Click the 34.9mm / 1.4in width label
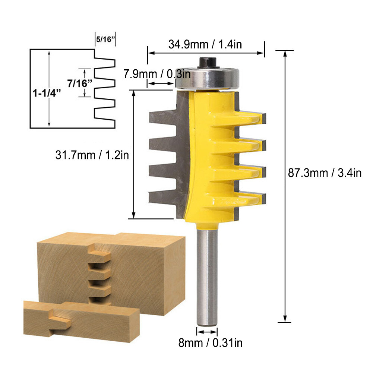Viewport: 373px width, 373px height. click(x=205, y=44)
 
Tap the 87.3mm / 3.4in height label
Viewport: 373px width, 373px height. click(x=325, y=173)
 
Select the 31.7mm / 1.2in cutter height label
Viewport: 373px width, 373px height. click(x=92, y=154)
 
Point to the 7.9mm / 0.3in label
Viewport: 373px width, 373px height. click(x=157, y=74)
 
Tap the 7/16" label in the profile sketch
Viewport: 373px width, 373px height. click(x=80, y=83)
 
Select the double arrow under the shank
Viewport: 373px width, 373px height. click(x=207, y=332)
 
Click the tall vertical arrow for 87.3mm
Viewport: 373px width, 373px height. click(x=285, y=186)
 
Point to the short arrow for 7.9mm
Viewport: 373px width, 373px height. click(x=160, y=84)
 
